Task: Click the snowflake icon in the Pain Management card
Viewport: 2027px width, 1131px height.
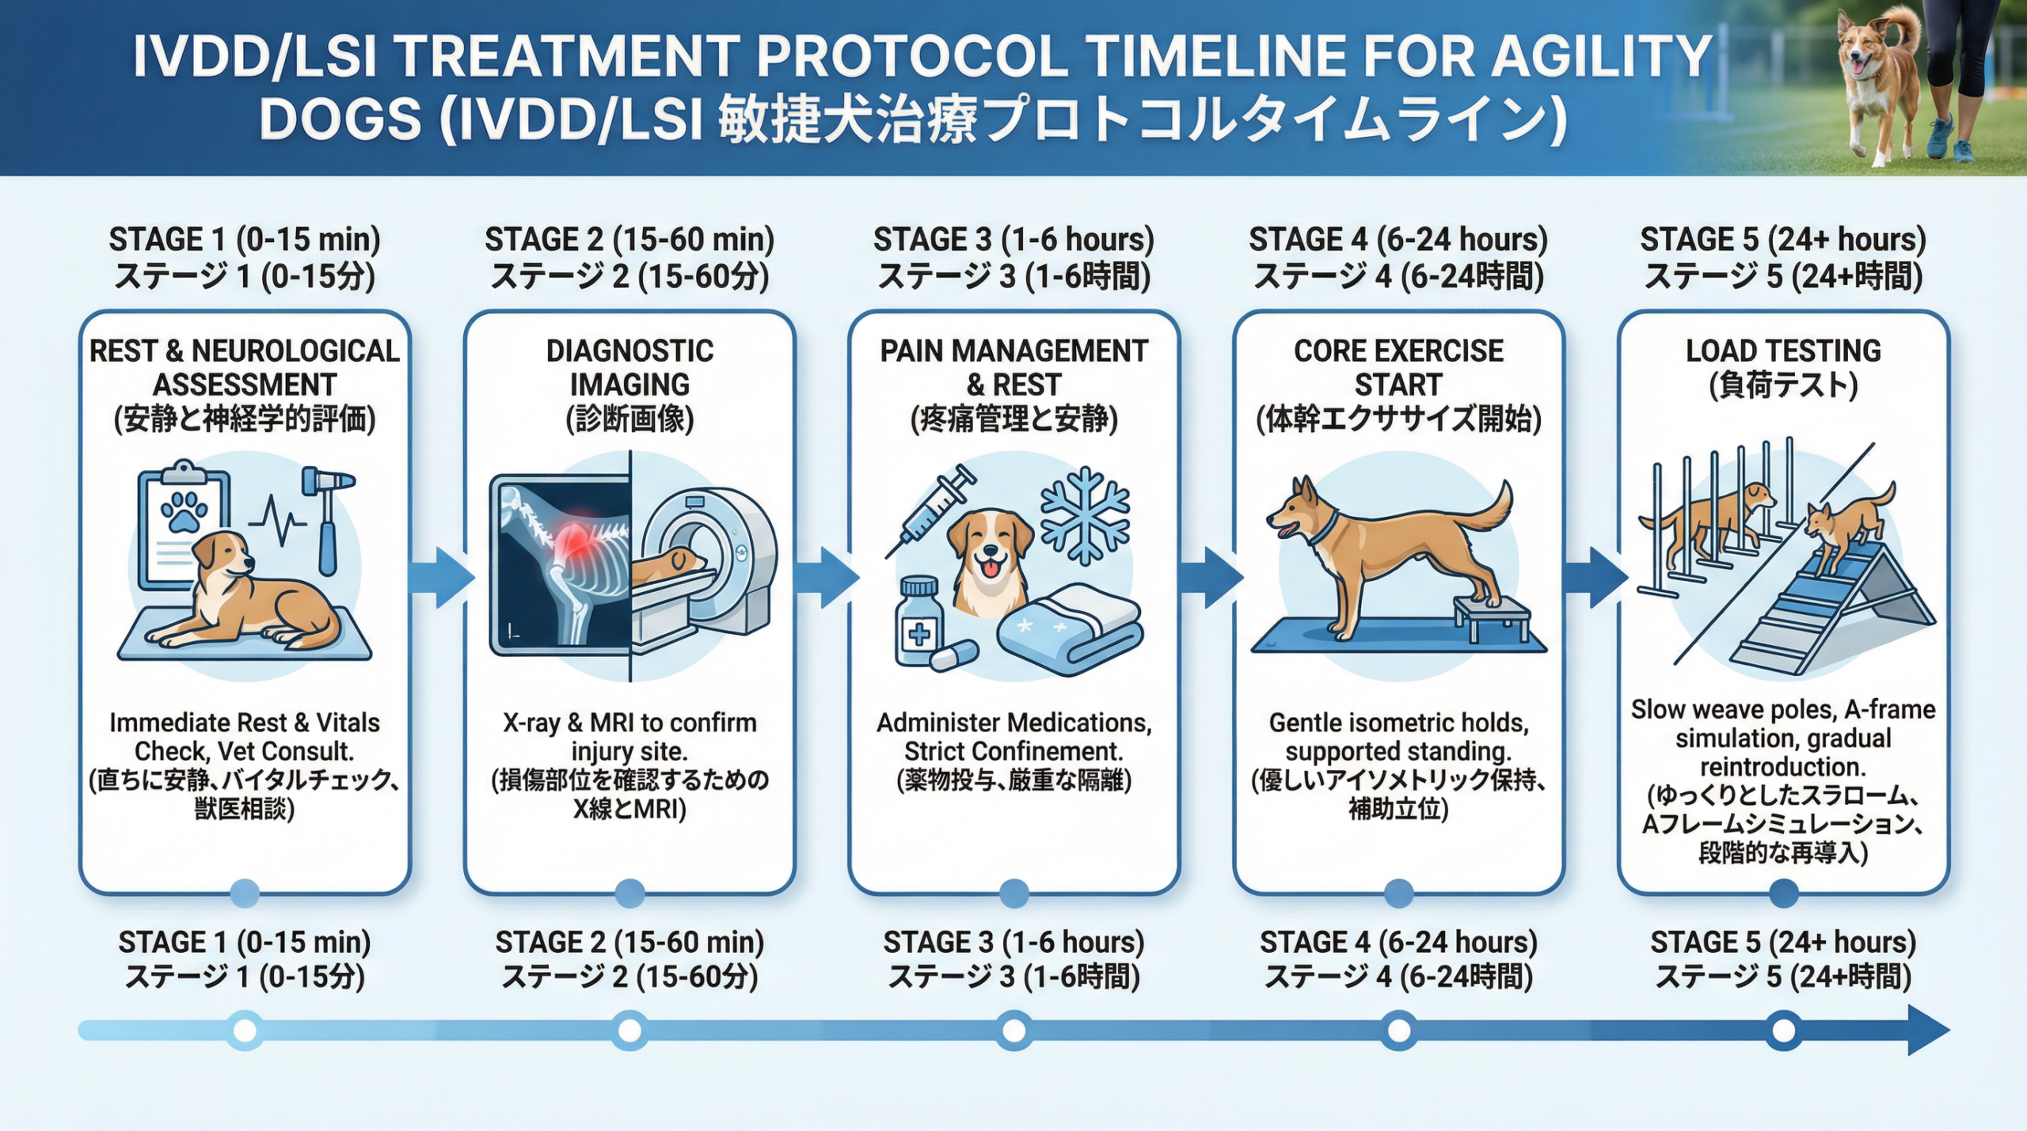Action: (1085, 515)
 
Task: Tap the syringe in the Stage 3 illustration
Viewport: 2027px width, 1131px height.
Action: (930, 513)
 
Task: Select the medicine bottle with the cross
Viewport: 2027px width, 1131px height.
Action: (919, 621)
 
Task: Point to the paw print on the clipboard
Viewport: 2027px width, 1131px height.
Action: (184, 511)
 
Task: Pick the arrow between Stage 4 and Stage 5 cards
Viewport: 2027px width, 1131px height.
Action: (1595, 577)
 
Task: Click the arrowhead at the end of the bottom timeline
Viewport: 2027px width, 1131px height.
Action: (1928, 1030)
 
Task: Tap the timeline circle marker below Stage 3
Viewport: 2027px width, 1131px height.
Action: (1014, 1030)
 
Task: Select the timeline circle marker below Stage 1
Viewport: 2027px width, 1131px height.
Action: (245, 1030)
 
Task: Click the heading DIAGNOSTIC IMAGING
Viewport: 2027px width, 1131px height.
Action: (629, 367)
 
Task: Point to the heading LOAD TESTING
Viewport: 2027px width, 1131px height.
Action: (1783, 351)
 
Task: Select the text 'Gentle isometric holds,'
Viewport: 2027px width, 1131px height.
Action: (1398, 723)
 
